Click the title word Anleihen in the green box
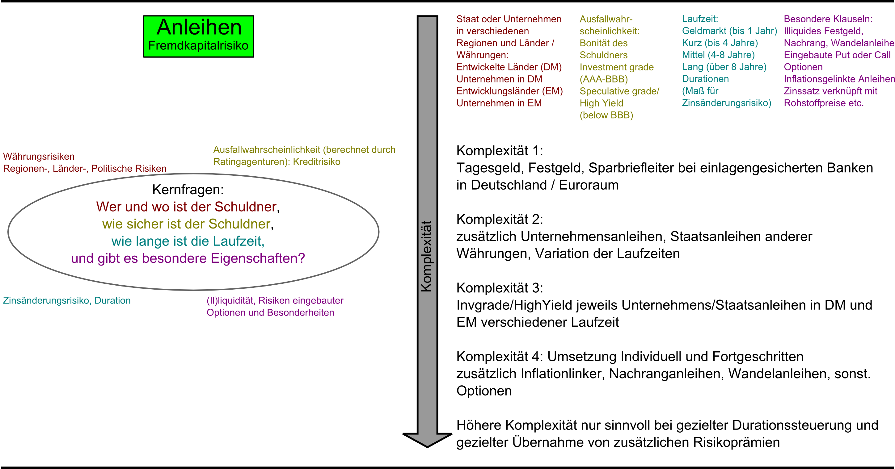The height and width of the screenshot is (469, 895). tap(199, 27)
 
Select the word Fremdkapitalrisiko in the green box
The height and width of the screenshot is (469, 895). tap(198, 45)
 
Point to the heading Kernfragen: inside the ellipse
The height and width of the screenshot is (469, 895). tap(188, 190)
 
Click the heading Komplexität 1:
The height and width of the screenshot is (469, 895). tap(499, 151)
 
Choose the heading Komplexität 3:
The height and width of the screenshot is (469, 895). tap(499, 288)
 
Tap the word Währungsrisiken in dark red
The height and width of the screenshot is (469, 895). tap(39, 156)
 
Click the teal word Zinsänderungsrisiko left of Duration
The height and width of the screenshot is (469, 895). tap(47, 300)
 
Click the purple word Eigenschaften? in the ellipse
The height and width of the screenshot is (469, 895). tap(257, 258)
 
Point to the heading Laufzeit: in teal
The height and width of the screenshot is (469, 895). tap(699, 19)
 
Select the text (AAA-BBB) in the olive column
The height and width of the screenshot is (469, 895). tap(603, 79)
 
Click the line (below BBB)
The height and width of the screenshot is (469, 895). tap(606, 115)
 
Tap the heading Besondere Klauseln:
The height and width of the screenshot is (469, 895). tap(828, 19)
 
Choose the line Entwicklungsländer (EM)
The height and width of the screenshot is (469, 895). tap(509, 91)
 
